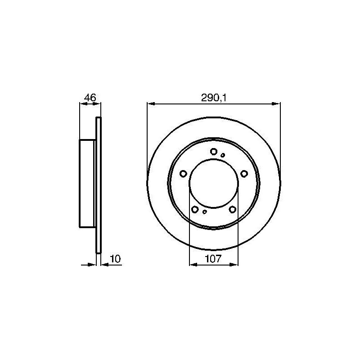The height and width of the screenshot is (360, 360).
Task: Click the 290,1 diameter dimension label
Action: (214, 98)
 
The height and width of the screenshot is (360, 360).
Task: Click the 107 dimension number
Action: (213, 259)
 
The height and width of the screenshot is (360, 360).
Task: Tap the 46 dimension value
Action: (90, 98)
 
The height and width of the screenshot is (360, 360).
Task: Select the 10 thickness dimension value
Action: (116, 259)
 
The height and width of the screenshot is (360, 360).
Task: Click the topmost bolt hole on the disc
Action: (214, 152)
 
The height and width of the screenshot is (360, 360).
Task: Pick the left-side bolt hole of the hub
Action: (183, 174)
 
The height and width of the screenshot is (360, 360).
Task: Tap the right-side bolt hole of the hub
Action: (244, 174)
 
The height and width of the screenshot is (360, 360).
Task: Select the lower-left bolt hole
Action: (195, 209)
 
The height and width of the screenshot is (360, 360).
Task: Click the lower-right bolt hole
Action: (233, 209)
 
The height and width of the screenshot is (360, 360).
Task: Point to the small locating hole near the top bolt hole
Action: (223, 155)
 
